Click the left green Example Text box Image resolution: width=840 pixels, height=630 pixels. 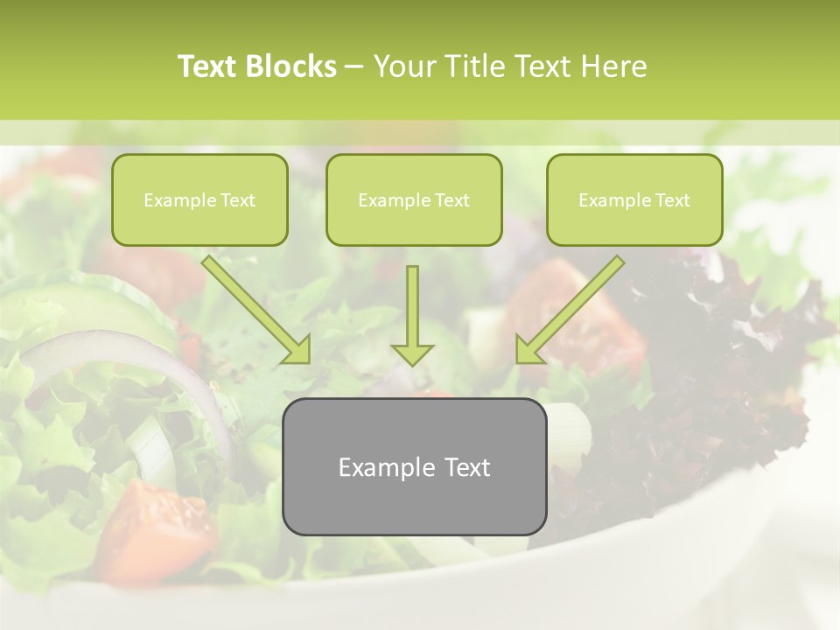tap(199, 199)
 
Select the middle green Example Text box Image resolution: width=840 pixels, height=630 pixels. tap(414, 199)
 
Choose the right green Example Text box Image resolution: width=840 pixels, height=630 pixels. tap(634, 199)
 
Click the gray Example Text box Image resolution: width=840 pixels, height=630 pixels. tap(414, 466)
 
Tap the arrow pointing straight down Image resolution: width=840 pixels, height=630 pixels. tap(412, 315)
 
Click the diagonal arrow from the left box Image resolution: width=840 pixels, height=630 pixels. tap(256, 310)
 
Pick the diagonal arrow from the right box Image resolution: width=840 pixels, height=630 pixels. tap(570, 310)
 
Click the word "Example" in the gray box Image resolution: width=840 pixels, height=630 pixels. tap(381, 467)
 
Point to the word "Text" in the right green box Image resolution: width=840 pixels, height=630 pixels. tap(672, 200)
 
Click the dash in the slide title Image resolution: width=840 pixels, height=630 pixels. tap(354, 66)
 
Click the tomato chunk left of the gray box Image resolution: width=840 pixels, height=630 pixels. tap(166, 525)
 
